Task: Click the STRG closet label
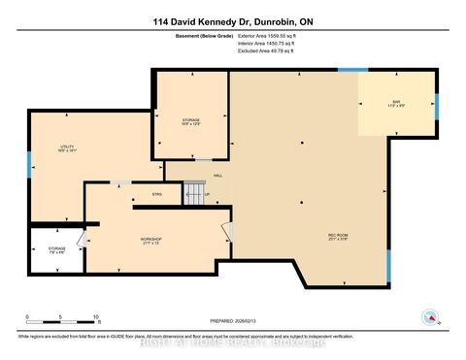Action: click(157, 194)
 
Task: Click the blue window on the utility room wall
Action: click(29, 162)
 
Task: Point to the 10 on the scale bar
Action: click(96, 318)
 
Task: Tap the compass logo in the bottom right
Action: click(428, 316)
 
